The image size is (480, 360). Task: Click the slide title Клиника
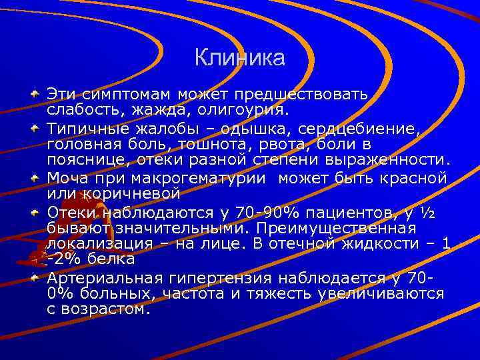point(240,58)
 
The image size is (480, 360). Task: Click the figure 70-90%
point(263,213)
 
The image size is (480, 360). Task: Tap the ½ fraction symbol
point(429,213)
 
